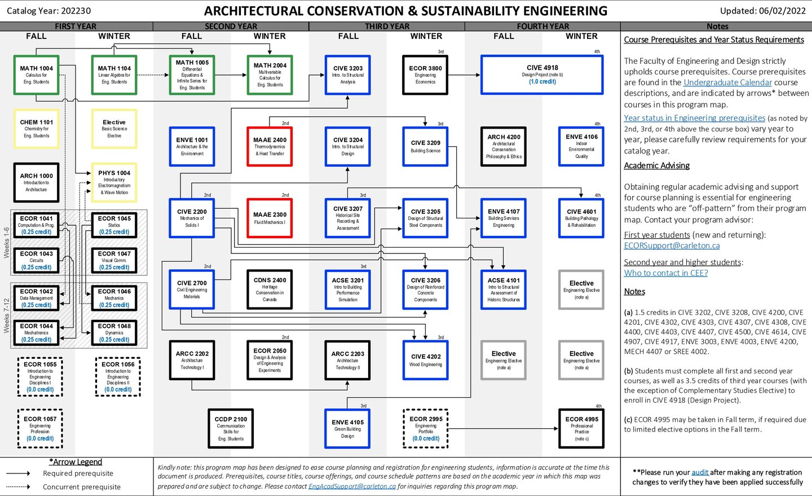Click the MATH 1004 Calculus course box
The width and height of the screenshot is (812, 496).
click(37, 74)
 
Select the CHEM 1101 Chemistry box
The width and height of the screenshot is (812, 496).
click(37, 129)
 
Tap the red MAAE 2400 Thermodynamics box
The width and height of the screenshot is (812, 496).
click(270, 146)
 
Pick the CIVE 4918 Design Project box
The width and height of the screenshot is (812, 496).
click(542, 74)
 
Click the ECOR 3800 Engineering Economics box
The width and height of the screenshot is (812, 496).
click(425, 74)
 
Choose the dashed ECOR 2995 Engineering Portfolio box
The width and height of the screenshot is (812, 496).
click(426, 428)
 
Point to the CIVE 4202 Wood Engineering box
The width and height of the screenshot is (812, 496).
click(426, 359)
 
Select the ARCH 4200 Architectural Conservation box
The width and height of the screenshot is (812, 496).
click(504, 146)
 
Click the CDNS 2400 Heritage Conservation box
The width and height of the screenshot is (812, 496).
click(270, 289)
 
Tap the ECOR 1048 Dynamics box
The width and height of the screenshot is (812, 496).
click(114, 332)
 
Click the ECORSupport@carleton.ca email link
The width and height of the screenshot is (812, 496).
click(672, 245)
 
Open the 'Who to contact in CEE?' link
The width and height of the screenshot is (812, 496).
click(665, 273)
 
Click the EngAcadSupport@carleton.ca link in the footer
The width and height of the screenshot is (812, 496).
click(352, 486)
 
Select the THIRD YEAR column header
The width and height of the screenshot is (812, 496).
click(387, 27)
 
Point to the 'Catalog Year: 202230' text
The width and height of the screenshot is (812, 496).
click(48, 11)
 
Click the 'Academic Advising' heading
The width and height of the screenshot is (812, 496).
click(656, 165)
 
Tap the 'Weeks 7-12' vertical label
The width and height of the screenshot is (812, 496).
click(6, 315)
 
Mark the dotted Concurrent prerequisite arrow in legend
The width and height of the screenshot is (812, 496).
click(18, 486)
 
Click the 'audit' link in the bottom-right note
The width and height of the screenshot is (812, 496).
click(700, 472)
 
